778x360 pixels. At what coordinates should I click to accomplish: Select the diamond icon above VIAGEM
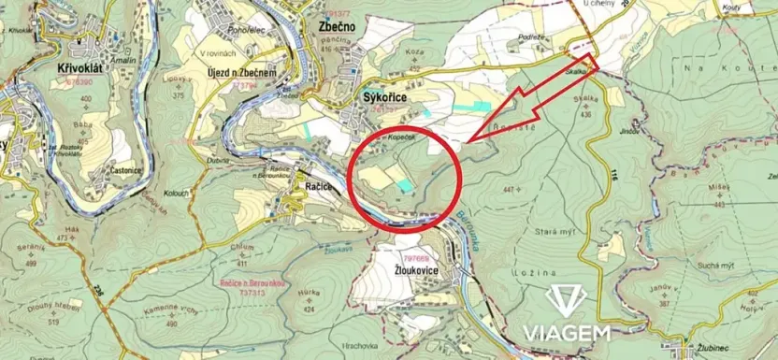tap(567, 301)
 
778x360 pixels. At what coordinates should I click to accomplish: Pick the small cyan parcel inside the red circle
tap(403, 187)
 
